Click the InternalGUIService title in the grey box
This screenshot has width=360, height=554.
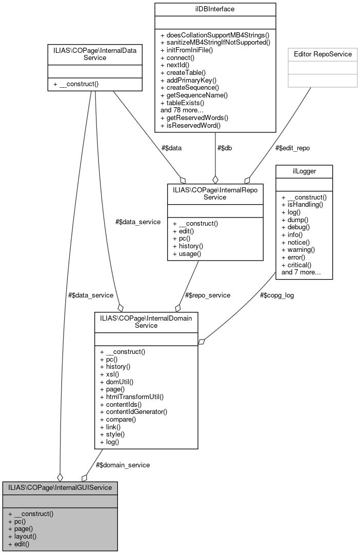click(60, 487)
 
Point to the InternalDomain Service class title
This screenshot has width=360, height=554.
click(146, 321)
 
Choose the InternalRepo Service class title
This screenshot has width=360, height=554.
click(215, 192)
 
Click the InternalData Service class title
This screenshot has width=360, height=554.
click(94, 54)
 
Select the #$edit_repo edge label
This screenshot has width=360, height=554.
click(293, 148)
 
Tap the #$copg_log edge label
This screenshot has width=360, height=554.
click(277, 295)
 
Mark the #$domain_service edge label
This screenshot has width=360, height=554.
click(123, 465)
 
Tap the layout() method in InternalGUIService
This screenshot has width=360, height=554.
click(22, 536)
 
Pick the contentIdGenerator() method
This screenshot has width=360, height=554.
click(134, 411)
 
